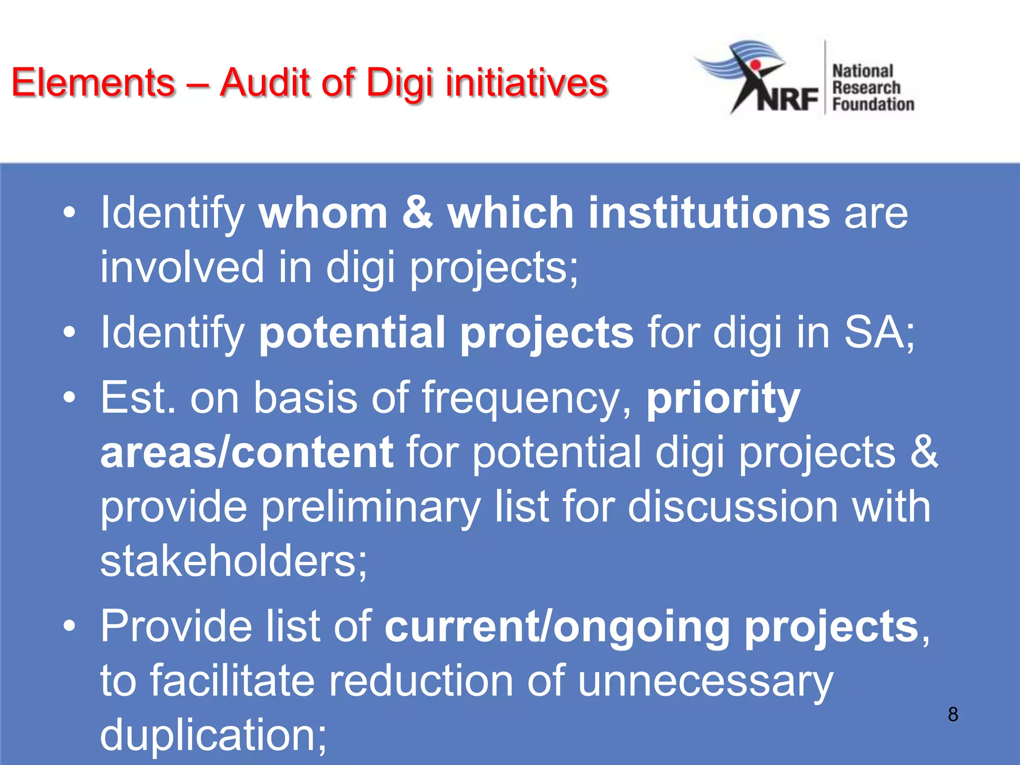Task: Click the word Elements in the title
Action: [93, 83]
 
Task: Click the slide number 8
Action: [953, 714]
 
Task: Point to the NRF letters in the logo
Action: [787, 99]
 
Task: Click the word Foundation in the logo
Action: [873, 105]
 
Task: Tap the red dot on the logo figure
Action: [755, 65]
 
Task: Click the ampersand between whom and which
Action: [417, 213]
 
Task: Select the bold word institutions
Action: [709, 213]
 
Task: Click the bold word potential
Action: [352, 332]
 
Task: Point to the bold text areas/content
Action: [247, 452]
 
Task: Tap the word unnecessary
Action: [705, 681]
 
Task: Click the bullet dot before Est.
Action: [70, 397]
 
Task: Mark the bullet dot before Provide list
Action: [70, 626]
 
